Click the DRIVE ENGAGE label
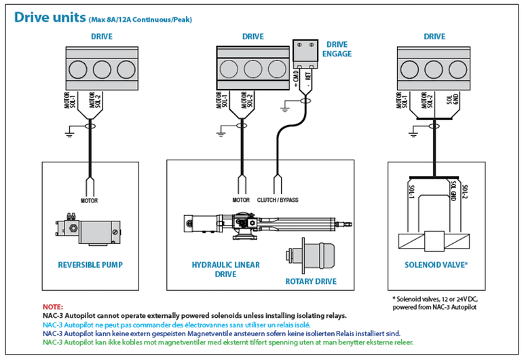337,48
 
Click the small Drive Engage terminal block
305,52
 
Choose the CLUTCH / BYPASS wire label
278,200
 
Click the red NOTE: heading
52,307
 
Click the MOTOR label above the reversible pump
90,200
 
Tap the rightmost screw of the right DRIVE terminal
464,69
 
